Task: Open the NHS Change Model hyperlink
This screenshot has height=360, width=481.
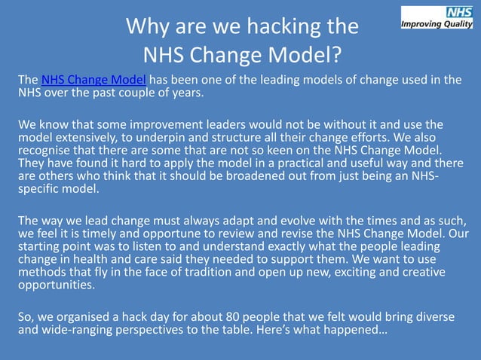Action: tap(93, 81)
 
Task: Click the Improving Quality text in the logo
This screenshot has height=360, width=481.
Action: tap(437, 23)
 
